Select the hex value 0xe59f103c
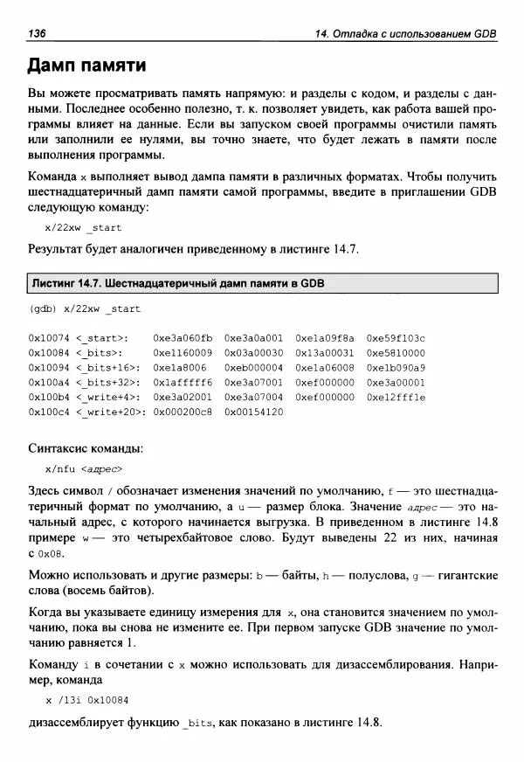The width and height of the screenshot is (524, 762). pos(396,336)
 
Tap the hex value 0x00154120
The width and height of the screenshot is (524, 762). pos(253,411)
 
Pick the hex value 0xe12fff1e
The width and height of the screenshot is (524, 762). pos(396,396)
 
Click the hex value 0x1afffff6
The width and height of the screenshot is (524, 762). pos(182,381)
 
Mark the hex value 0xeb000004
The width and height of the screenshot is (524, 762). pos(253,366)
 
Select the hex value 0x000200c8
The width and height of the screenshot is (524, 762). pos(182,411)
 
